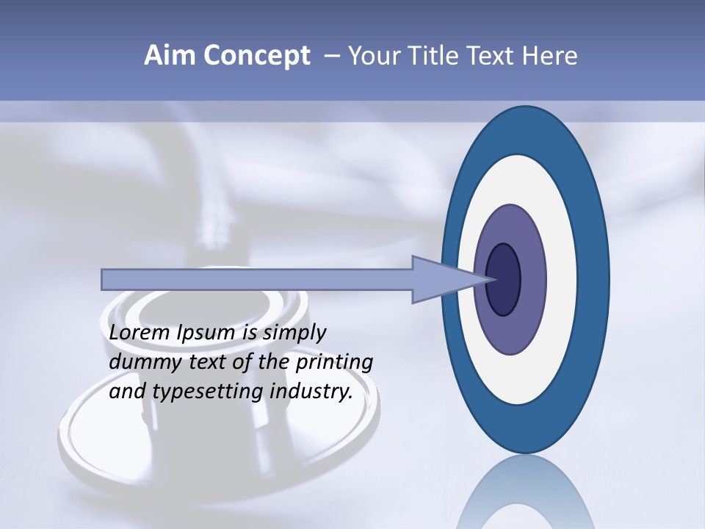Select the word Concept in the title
coord(257,57)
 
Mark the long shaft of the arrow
coord(257,279)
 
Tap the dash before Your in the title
coord(332,57)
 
